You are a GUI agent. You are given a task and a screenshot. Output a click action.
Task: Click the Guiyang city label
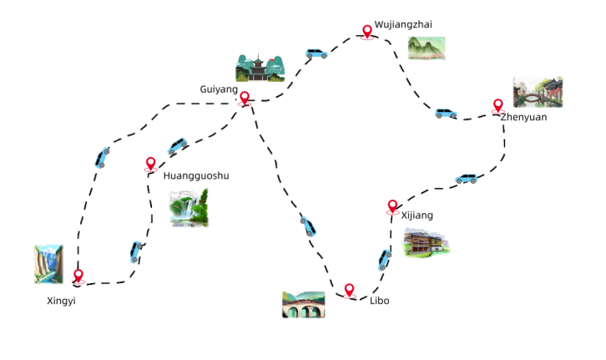pos(219,89)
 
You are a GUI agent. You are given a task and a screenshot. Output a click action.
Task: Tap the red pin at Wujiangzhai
pos(366,32)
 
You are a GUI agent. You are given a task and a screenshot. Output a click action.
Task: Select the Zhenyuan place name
pos(523,118)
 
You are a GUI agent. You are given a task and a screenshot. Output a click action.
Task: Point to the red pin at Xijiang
pos(392,206)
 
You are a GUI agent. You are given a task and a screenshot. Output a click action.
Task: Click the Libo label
pos(379,300)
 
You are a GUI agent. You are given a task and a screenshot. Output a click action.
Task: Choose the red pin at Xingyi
pos(78,276)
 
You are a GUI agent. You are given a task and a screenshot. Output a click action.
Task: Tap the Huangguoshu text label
pos(195,176)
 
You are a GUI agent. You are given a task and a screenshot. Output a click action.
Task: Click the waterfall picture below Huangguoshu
pos(189,208)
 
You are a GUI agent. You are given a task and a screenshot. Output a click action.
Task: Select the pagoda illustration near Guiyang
pos(260,68)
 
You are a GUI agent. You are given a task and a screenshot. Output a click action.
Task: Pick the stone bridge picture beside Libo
pos(303,305)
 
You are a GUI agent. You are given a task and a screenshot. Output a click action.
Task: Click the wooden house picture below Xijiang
pos(427,242)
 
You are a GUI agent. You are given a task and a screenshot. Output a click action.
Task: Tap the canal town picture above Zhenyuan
pos(537,93)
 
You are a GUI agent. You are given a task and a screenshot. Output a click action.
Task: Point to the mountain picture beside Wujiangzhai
pos(426,48)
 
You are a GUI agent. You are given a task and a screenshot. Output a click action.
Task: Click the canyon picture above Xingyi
pos(48,264)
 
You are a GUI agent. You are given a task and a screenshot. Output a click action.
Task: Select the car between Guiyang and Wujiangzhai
pos(316,54)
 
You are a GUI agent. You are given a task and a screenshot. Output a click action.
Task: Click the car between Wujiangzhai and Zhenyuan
pos(446,114)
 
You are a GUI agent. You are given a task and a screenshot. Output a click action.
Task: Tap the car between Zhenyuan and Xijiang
pos(465,179)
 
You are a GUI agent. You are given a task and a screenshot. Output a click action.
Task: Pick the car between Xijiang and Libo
pos(384,258)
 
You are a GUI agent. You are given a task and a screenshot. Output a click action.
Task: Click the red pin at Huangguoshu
pos(150,165)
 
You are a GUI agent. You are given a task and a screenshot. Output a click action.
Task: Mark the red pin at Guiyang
pos(245,99)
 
